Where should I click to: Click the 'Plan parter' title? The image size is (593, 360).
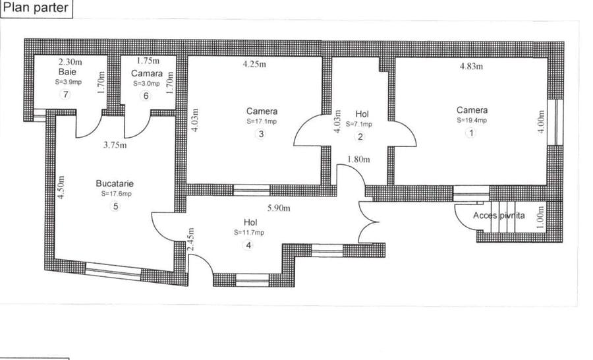tap(36, 7)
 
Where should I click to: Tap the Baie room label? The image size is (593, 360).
tap(67, 72)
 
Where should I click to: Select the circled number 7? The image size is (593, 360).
tap(66, 94)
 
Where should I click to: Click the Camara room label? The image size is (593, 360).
tap(147, 73)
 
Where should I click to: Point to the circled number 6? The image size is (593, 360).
tap(146, 96)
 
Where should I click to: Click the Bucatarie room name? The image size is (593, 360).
tap(115, 183)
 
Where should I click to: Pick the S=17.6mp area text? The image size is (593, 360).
tap(117, 194)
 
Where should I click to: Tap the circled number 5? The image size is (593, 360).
tap(115, 206)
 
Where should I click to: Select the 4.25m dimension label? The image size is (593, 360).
tap(254, 64)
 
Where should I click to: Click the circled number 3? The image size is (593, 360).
tap(260, 134)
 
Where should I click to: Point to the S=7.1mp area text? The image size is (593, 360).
tap(359, 124)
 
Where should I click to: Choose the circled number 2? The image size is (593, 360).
tap(360, 136)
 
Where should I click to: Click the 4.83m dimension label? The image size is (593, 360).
tap(471, 66)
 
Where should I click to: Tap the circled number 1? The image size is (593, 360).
tap(471, 133)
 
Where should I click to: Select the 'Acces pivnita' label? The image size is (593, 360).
tap(499, 216)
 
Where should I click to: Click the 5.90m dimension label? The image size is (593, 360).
tap(279, 208)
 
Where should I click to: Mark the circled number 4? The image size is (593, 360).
tap(248, 245)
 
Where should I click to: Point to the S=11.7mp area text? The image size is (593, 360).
tap(249, 233)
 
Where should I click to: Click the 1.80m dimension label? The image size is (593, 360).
tap(358, 160)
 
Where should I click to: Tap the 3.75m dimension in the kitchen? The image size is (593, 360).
tap(115, 145)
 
